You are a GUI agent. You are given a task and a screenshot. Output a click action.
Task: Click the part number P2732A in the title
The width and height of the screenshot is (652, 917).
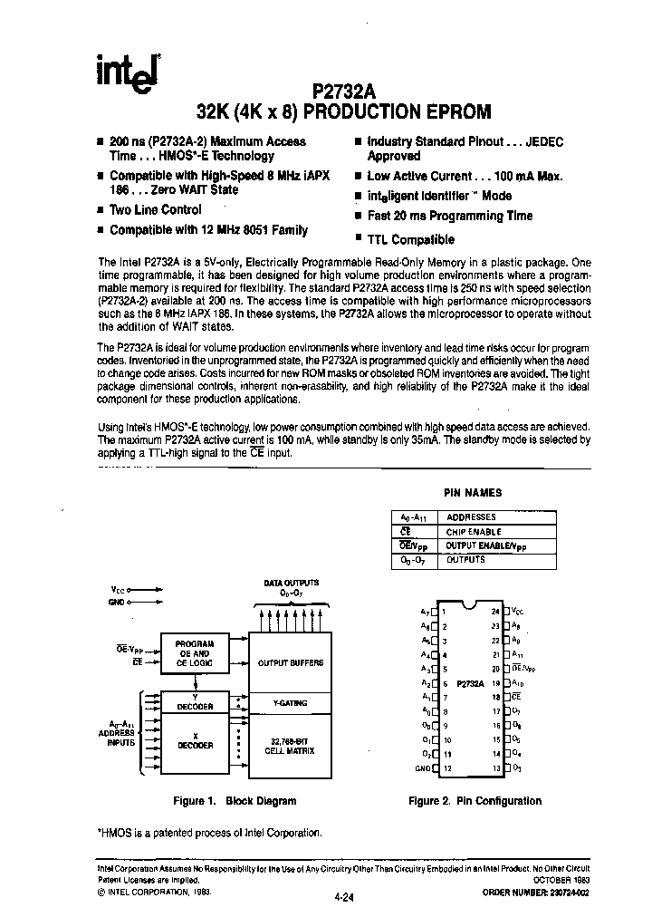pos(349,92)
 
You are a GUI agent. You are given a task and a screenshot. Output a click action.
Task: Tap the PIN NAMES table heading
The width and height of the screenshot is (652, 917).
pos(472,493)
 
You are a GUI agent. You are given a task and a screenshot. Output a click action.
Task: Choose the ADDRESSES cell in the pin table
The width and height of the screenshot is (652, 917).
pos(471,517)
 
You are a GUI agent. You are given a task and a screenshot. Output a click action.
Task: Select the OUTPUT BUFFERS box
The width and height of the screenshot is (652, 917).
pos(290,662)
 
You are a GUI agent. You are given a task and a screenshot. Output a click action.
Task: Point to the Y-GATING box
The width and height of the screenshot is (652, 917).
pos(290,702)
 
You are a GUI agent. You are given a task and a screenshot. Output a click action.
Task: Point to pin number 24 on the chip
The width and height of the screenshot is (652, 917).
pos(495,613)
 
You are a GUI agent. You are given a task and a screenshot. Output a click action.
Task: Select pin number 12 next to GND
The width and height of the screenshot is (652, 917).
pos(447,768)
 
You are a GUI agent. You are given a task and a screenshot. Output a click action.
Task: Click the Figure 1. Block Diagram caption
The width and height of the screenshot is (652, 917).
pos(235,801)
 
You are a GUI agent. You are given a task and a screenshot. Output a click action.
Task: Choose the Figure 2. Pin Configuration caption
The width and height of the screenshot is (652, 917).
pos(475,801)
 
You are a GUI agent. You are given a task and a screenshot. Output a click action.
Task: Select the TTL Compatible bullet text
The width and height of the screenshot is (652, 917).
pos(411,240)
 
